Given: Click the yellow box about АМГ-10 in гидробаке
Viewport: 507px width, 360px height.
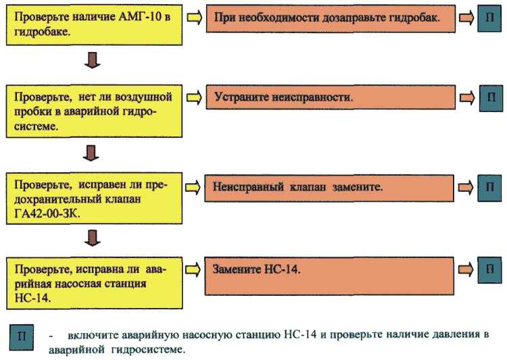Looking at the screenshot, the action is [x=94, y=25].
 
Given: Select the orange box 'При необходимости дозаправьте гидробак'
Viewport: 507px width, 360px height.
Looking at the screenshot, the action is [x=331, y=18].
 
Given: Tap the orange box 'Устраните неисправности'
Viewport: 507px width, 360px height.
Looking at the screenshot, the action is [x=331, y=97].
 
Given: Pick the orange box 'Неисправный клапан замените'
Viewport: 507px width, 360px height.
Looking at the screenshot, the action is [x=329, y=188].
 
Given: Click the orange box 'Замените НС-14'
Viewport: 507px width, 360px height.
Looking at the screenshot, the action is [x=329, y=276].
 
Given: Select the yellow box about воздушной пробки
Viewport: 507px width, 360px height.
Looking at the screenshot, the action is [x=94, y=111].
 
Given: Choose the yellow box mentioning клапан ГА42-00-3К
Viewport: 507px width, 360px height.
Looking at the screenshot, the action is [x=94, y=198].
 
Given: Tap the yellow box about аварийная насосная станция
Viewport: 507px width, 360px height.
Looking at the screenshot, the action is [x=95, y=283].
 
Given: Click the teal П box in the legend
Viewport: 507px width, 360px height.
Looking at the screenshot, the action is [x=22, y=337].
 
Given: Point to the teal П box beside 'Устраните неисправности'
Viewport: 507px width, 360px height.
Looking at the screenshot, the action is [x=491, y=98].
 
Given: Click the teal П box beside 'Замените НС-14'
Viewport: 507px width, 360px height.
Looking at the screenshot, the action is [x=489, y=270].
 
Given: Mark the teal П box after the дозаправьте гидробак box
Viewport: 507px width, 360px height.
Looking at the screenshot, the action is [x=489, y=18].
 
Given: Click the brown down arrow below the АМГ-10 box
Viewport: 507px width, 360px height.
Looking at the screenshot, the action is [x=93, y=60].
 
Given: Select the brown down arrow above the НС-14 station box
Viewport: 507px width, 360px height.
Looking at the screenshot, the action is [x=93, y=238].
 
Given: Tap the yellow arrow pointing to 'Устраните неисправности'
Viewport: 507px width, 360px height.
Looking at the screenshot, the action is [x=194, y=97].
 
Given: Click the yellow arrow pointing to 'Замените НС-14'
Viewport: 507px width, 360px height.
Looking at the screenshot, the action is [x=193, y=269].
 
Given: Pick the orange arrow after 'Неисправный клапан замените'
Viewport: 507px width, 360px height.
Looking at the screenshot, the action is [x=466, y=188].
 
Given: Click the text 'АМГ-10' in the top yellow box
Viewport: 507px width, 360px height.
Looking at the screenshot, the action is [x=140, y=16].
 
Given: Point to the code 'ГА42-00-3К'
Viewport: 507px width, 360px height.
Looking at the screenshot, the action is [x=47, y=213].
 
